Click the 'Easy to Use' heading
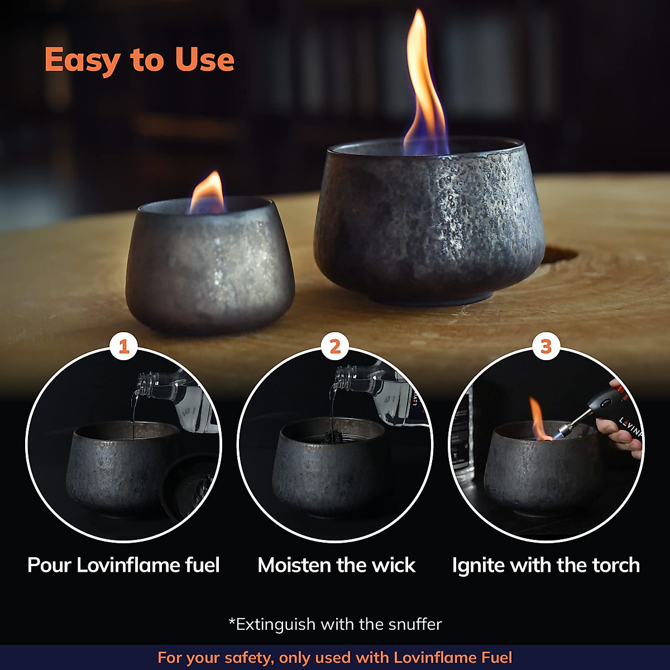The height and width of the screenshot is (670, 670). (x=139, y=60)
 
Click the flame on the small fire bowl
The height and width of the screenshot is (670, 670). (x=208, y=194)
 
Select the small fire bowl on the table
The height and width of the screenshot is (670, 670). (x=209, y=268)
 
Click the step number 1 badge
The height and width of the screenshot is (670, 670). (x=124, y=347)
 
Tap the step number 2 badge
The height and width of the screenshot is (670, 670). (x=335, y=347)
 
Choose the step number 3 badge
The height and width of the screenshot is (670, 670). (x=546, y=347)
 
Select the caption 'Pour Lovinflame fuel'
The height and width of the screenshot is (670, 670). (x=123, y=565)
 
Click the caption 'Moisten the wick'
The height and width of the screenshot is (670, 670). (x=336, y=565)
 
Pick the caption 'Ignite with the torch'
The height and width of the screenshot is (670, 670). (x=545, y=565)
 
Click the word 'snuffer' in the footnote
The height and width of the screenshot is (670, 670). (x=415, y=624)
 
